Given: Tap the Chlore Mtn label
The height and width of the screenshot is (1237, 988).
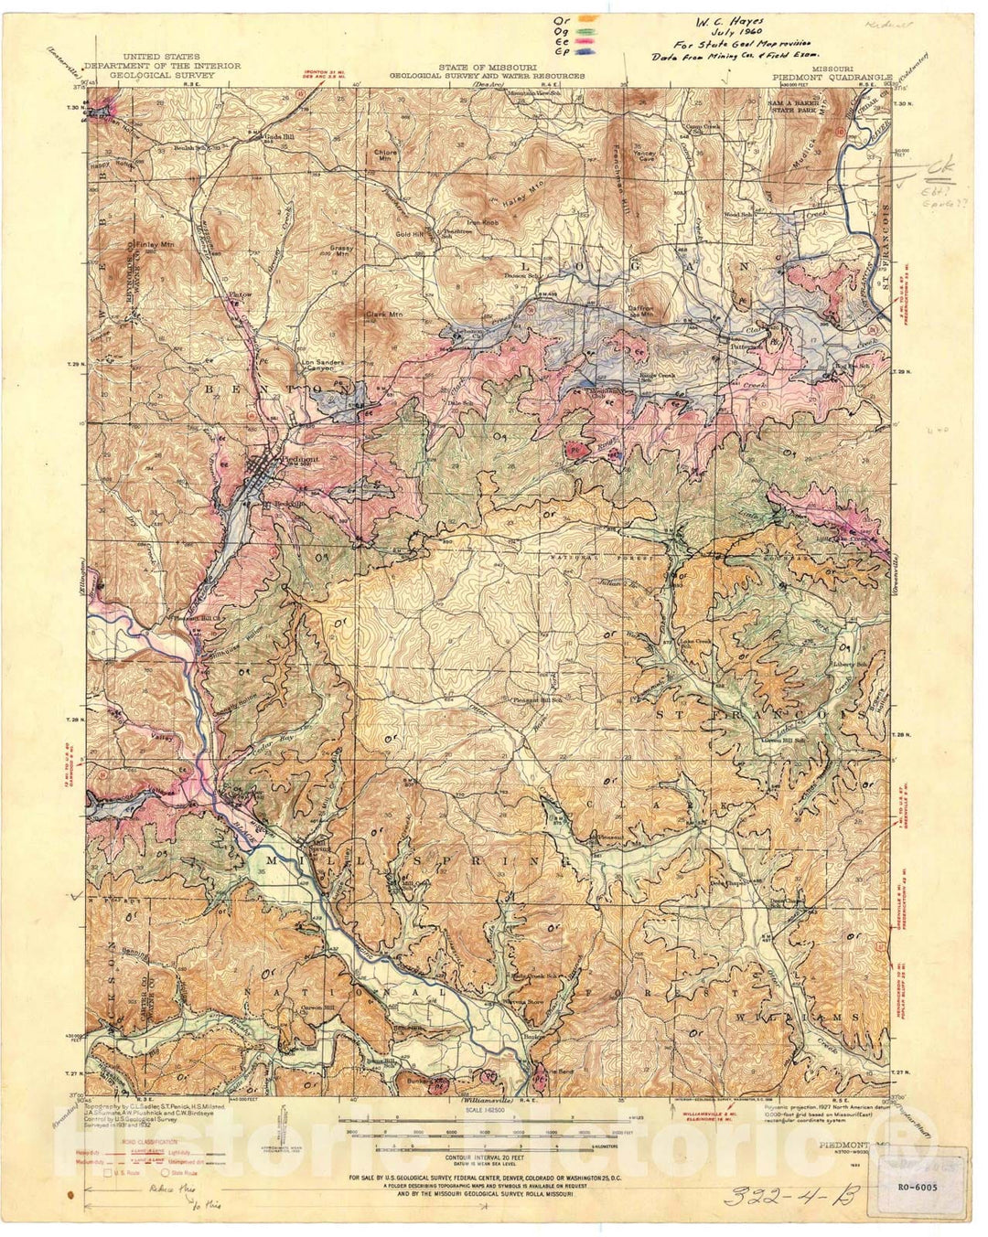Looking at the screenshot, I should click(385, 155).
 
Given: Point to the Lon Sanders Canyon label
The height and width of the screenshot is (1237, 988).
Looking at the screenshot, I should click(323, 366).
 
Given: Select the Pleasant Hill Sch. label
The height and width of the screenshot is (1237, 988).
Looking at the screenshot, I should click(536, 700).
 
